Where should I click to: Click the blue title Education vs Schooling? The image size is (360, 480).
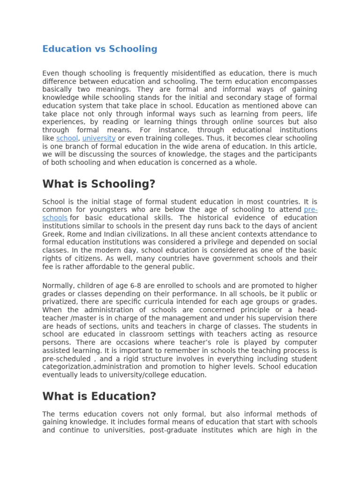point(100,49)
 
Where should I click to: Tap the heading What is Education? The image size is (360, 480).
point(99,397)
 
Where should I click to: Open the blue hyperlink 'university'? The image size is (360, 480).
point(99,139)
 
